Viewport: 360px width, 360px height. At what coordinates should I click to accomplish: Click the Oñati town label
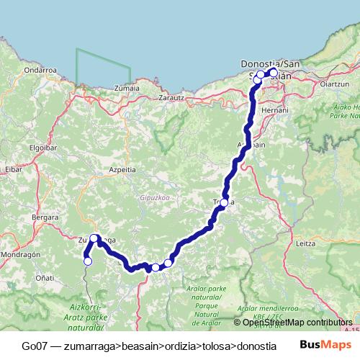[45, 277]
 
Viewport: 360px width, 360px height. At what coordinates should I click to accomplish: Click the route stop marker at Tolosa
[225, 203]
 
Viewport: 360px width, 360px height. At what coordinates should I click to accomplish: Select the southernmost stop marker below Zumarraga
[88, 261]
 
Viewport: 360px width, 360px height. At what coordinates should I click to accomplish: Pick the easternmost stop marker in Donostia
[274, 72]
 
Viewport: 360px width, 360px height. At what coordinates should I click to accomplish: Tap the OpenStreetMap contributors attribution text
[297, 322]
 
